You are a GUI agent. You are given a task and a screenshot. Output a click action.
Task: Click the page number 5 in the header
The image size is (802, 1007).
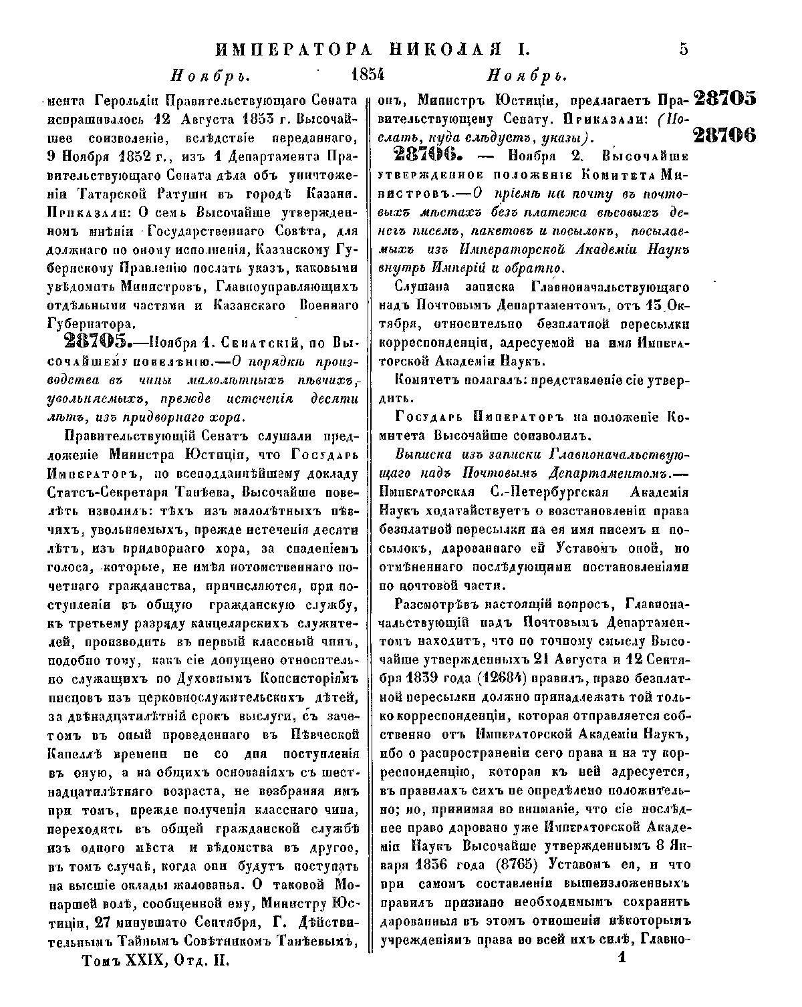pos(682,49)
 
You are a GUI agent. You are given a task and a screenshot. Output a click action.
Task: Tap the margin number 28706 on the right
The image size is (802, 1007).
pos(724,135)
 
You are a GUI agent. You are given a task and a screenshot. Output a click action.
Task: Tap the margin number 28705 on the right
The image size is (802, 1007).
pos(724,99)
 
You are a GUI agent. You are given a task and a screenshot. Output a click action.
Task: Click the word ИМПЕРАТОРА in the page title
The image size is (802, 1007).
pos(291,49)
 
